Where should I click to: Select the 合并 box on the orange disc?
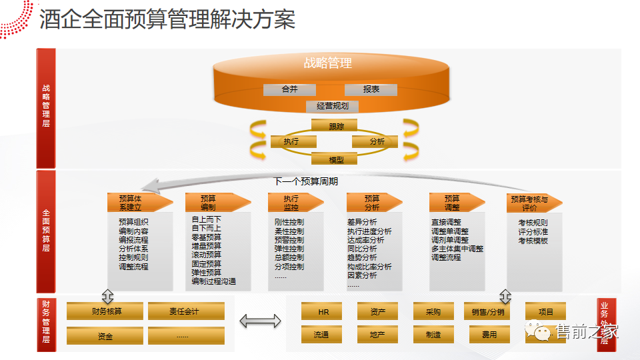[x=289, y=89]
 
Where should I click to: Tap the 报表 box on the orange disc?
[x=371, y=89]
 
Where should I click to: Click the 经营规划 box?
[x=333, y=106]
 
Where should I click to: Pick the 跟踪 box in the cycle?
[x=335, y=125]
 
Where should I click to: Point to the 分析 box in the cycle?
[x=375, y=141]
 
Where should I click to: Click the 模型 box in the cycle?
[x=335, y=159]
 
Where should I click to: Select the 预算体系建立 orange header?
[x=130, y=203]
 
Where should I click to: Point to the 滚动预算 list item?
[x=207, y=255]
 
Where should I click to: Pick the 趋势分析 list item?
[x=362, y=258]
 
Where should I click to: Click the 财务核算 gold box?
[x=107, y=311]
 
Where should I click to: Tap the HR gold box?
[x=323, y=311]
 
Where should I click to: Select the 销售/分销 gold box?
[x=487, y=311]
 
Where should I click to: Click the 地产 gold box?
[x=377, y=335]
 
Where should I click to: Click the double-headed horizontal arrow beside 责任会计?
[x=261, y=321]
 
